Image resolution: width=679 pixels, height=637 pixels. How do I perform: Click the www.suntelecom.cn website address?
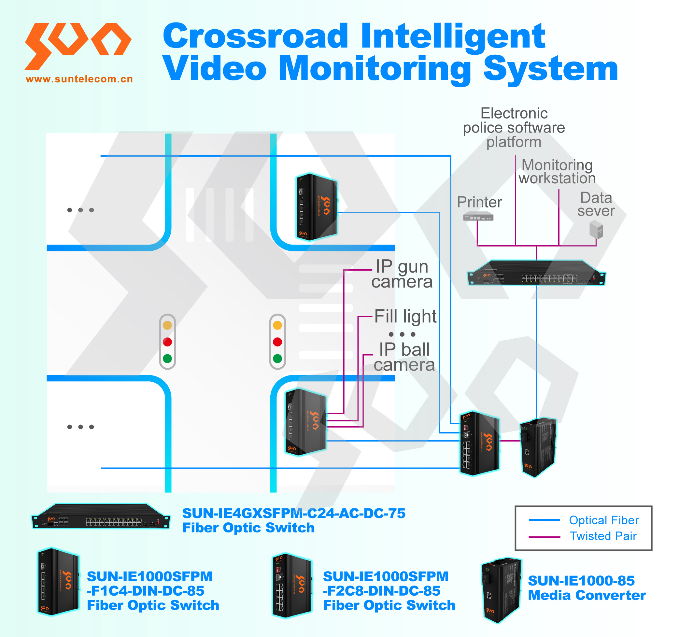(79, 79)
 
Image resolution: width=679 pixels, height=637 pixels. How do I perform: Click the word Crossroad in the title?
(255, 36)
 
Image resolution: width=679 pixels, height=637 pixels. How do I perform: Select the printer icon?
(478, 216)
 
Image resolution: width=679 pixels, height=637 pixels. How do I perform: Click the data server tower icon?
(596, 230)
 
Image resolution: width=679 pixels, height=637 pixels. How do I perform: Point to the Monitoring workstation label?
(557, 171)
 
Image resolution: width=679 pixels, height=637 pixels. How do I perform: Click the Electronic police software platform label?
(514, 127)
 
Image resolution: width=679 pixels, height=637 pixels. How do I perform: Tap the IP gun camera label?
(402, 274)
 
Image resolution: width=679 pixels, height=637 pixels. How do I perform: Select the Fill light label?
(405, 316)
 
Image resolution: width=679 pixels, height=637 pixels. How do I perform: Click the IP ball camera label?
(404, 357)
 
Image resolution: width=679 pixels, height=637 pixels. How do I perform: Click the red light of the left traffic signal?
(167, 342)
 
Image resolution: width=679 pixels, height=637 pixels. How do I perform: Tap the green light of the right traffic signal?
(277, 359)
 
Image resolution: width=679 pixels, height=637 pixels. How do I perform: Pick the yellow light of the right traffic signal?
(277, 325)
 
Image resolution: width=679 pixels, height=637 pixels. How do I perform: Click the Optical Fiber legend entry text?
(603, 520)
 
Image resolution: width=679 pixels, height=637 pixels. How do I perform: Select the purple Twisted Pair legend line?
(545, 537)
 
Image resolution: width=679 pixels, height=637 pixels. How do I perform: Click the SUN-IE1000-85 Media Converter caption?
(587, 588)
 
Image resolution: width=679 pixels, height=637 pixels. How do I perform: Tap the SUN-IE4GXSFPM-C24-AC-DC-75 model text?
(294, 513)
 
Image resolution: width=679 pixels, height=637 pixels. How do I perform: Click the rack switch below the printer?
(536, 273)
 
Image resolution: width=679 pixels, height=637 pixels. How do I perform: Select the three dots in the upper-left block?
(81, 210)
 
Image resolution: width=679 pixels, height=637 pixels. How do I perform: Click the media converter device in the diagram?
(538, 447)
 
